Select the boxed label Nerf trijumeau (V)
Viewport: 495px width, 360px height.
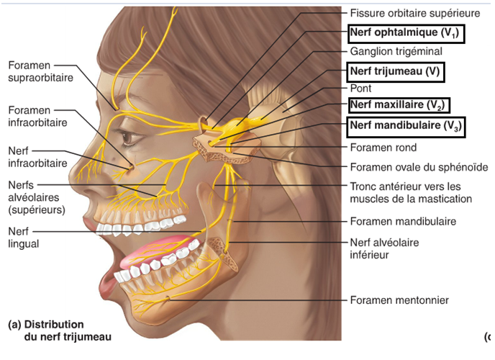click(x=395, y=71)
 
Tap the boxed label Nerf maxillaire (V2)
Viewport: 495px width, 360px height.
click(x=399, y=106)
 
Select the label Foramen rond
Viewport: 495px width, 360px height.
click(x=382, y=148)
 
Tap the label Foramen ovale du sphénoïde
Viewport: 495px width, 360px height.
click(x=418, y=167)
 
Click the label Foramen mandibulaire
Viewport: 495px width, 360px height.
click(x=402, y=222)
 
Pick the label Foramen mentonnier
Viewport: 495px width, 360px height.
click(x=399, y=300)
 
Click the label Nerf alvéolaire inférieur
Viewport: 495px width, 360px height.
click(x=384, y=248)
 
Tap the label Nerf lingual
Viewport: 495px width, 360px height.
click(x=24, y=238)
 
